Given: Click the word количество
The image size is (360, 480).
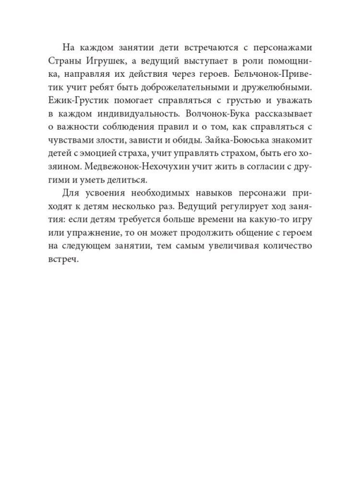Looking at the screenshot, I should [x=285, y=245].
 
